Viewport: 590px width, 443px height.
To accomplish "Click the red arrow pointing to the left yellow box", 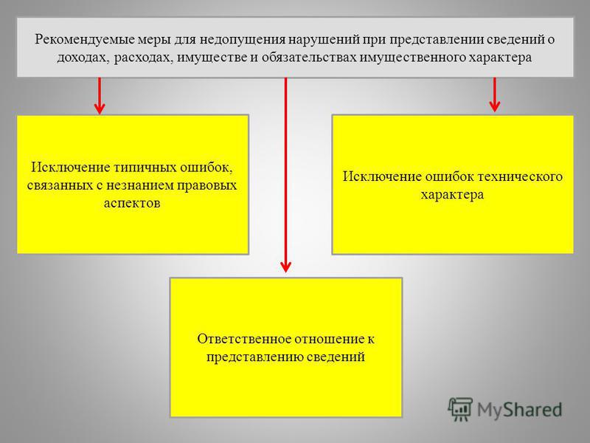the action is (x=100, y=96).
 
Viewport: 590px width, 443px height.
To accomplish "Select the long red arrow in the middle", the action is (x=285, y=175).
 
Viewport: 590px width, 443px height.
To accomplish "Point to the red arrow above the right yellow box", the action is (x=494, y=95).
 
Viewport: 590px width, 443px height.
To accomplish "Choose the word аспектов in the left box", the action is (x=132, y=204).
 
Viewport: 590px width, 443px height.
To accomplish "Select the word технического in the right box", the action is (x=520, y=176).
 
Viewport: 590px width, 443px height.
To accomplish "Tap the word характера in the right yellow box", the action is (x=452, y=195).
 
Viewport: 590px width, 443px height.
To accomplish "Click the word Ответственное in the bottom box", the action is (x=244, y=339).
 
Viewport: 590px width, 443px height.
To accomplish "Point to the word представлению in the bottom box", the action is (x=254, y=357).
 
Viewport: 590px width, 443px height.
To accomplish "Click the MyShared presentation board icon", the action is (x=460, y=409).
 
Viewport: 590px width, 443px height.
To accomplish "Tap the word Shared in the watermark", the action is (x=532, y=410).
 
